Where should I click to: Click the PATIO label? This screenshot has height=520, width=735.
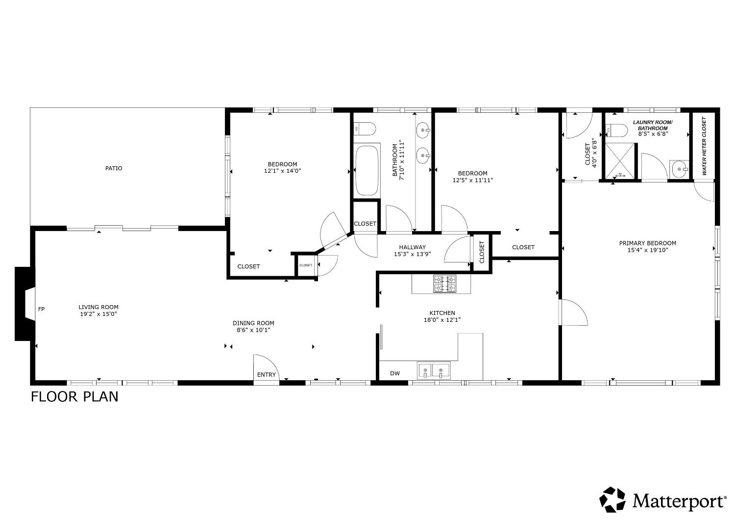point(114,168)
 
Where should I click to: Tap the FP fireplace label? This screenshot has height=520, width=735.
point(42,309)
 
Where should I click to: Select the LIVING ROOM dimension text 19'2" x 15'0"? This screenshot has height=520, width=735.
point(98,314)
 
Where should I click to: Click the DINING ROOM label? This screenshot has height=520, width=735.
point(253,323)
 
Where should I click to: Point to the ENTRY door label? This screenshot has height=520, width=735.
point(267,375)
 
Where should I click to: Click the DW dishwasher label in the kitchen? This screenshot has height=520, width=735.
point(395,373)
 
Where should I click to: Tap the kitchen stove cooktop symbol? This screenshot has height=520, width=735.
point(444,284)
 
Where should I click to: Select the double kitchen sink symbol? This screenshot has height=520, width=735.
point(433,370)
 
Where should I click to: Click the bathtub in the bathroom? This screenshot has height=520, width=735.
point(367,170)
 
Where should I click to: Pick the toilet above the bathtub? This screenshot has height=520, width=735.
point(365,129)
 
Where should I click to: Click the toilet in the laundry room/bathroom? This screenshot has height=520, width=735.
point(617,130)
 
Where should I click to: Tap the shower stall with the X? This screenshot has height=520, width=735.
point(620,161)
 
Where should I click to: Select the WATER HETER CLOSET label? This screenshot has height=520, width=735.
point(705,146)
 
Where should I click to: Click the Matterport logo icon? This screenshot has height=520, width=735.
point(613,499)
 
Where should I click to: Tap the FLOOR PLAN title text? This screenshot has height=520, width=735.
point(74,396)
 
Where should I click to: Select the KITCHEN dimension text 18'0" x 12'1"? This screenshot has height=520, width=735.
point(442,320)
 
